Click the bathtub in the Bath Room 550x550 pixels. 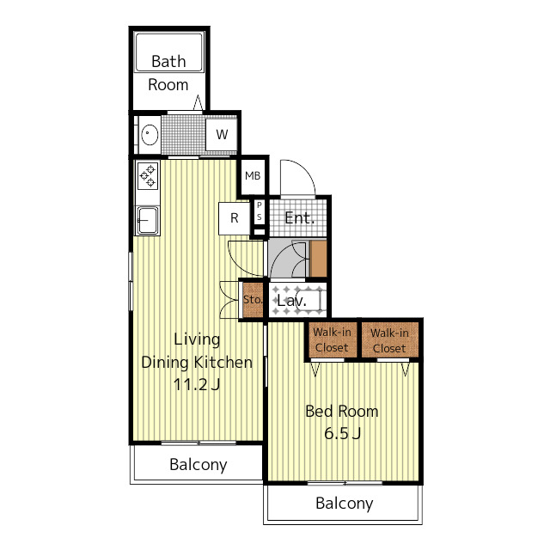[x=169, y=52]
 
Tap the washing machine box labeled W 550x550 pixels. [x=222, y=134]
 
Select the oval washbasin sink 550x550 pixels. [x=150, y=134]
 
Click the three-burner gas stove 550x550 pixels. [x=148, y=175]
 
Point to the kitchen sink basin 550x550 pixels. [x=148, y=220]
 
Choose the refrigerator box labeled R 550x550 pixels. [x=235, y=218]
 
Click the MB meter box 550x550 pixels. [x=253, y=175]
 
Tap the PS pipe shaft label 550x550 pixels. [x=260, y=211]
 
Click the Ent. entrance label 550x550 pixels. [x=299, y=218]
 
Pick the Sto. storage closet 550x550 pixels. [x=253, y=300]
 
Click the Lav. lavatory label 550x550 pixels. [x=291, y=301]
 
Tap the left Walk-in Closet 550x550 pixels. [x=332, y=339]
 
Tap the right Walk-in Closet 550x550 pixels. [x=389, y=340]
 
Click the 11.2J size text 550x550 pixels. [x=197, y=384]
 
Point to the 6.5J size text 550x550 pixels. [x=342, y=433]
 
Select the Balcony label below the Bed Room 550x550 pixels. [x=344, y=504]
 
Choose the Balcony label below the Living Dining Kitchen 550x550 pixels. [x=199, y=465]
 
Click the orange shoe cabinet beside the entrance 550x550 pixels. [x=319, y=259]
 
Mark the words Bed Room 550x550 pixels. [x=342, y=411]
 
